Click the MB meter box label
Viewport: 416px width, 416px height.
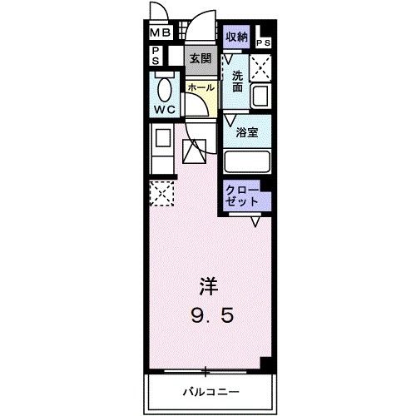(160, 33)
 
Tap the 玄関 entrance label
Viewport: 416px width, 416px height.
(201, 59)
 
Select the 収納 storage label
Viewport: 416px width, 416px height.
(236, 37)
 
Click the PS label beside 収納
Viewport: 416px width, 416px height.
(263, 43)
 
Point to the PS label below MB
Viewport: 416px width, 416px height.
(156, 56)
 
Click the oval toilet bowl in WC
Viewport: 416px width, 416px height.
(165, 90)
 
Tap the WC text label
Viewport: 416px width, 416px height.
(165, 110)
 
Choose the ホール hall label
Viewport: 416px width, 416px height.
(201, 87)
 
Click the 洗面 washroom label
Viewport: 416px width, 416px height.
(237, 82)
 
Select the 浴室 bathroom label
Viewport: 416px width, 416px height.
(247, 132)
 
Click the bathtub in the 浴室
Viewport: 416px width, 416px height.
(247, 161)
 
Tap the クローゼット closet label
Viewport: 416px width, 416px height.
(242, 196)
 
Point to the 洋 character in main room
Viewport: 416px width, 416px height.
(209, 286)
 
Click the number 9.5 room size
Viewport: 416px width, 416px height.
(212, 316)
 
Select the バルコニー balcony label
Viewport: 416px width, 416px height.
(210, 392)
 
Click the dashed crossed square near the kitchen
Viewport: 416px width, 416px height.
(161, 193)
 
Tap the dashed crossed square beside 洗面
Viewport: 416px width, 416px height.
(260, 68)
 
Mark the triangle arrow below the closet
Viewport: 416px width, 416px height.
(255, 222)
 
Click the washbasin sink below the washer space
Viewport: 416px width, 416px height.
(260, 97)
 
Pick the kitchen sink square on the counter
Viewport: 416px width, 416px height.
(163, 138)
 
